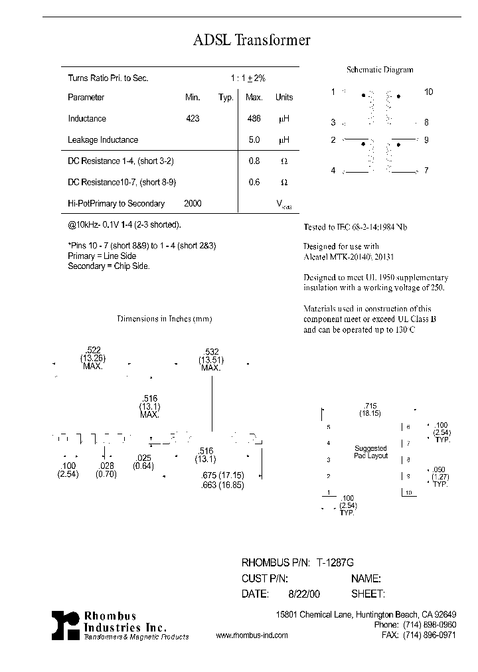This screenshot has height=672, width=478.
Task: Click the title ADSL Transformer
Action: [x=252, y=41]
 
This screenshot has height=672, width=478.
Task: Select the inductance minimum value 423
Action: [x=193, y=119]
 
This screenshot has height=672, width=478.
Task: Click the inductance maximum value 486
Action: [x=254, y=119]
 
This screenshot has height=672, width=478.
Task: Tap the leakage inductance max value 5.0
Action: [x=254, y=140]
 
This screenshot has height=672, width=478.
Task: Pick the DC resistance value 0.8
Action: [x=254, y=161]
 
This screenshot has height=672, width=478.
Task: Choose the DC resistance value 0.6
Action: [x=254, y=183]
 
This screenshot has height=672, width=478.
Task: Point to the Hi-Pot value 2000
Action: [x=193, y=204]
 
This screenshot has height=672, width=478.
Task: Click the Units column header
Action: [x=284, y=98]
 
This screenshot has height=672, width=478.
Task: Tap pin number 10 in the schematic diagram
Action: [x=428, y=92]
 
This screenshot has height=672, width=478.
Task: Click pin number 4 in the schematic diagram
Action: [x=333, y=171]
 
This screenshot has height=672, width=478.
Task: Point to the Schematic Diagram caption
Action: [x=380, y=70]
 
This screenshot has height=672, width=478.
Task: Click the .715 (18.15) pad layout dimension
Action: [x=370, y=409]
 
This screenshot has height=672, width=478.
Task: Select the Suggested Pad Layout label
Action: [x=370, y=452]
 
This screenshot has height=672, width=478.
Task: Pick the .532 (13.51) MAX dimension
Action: [x=210, y=361]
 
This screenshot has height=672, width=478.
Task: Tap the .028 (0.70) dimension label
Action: [x=106, y=470]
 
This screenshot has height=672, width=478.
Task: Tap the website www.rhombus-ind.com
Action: [x=252, y=635]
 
